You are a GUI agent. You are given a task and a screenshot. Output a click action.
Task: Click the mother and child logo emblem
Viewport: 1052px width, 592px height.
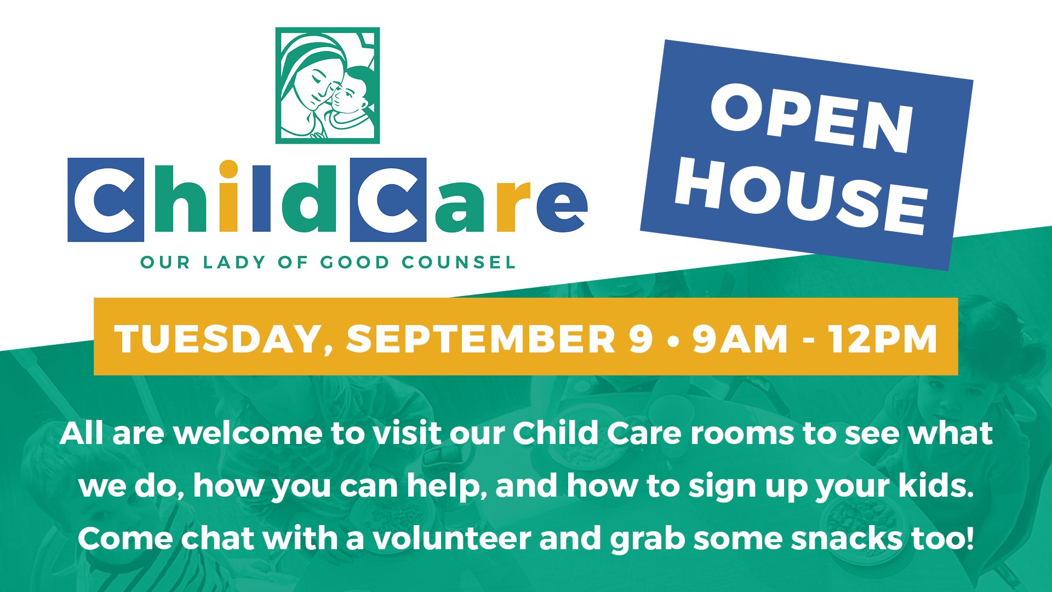(327, 86)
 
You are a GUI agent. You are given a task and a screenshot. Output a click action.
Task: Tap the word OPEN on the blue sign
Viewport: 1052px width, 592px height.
(812, 119)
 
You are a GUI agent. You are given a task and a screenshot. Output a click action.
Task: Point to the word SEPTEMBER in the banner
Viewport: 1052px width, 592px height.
(481, 338)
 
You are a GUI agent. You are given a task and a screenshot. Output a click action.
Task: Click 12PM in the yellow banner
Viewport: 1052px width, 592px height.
(883, 338)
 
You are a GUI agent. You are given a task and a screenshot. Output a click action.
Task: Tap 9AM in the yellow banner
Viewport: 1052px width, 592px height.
(740, 338)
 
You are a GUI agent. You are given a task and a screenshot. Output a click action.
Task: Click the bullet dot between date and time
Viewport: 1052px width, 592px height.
(673, 340)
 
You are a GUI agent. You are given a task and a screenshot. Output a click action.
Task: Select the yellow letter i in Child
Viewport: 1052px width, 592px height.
(228, 196)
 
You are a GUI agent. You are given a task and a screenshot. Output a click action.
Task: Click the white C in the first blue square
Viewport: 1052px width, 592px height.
(105, 200)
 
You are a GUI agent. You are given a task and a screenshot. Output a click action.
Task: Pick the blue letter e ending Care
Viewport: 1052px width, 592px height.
(562, 206)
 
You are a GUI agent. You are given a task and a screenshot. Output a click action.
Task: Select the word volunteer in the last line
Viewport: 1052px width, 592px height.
(452, 538)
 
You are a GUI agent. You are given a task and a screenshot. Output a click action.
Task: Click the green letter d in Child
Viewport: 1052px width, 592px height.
(303, 196)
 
